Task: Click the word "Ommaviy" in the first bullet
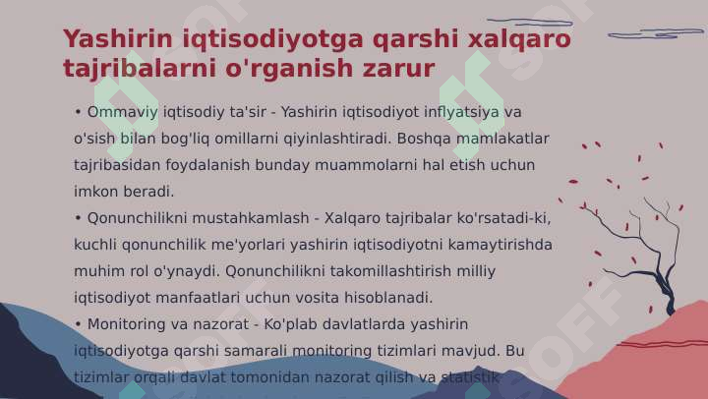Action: [x=121, y=112]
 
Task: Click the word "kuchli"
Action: [x=94, y=245]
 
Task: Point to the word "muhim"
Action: [x=96, y=271]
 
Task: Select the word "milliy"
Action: [x=474, y=271]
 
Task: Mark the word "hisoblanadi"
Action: [x=383, y=298]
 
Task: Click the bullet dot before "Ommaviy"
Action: [x=78, y=112]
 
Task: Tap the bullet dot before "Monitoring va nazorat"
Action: [x=78, y=324]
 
